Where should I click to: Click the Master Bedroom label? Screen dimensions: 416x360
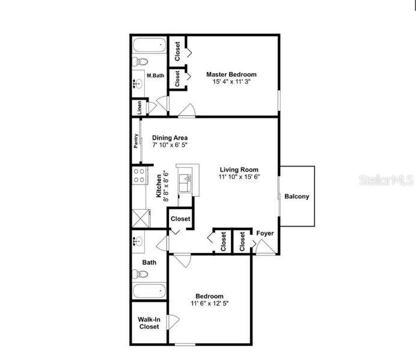click(231, 75)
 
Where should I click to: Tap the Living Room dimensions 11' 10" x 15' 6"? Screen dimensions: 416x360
click(239, 177)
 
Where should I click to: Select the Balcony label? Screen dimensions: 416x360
click(297, 197)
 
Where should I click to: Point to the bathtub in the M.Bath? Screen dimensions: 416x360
click(149, 45)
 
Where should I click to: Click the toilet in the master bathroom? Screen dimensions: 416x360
click(140, 61)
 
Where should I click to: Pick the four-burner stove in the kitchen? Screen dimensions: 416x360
click(140, 175)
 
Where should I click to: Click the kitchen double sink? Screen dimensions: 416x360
click(185, 183)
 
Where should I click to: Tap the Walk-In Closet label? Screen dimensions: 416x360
click(149, 323)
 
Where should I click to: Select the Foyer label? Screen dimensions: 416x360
click(265, 233)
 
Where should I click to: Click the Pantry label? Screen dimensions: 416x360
click(136, 141)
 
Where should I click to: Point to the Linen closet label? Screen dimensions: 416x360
click(139, 108)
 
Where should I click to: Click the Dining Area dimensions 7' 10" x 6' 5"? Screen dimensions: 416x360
click(170, 145)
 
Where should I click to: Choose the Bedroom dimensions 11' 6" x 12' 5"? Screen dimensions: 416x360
click(210, 304)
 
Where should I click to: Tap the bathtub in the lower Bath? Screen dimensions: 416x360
click(149, 291)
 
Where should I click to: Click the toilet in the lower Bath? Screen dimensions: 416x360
click(140, 274)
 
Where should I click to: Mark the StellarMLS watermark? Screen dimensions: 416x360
click(386, 180)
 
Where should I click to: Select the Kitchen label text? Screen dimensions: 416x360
click(159, 186)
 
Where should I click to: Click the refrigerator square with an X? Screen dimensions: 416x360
click(141, 218)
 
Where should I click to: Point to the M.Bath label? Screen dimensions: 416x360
click(156, 76)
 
